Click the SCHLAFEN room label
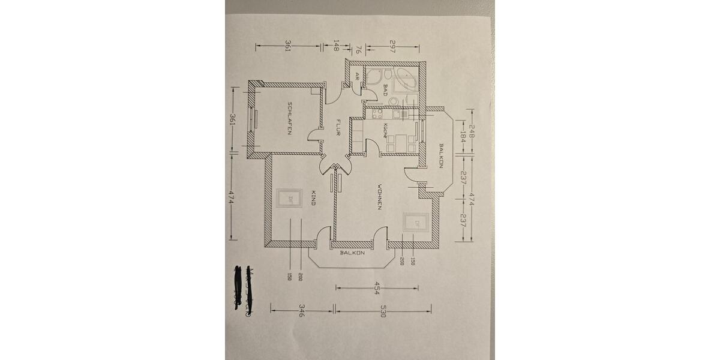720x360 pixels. [x=290, y=118]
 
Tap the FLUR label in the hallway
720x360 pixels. [x=338, y=127]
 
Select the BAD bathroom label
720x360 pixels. [x=385, y=90]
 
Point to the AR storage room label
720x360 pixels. [x=357, y=76]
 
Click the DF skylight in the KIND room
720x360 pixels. [x=290, y=199]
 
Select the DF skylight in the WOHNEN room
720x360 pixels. [x=416, y=223]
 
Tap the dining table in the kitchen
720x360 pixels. [x=399, y=142]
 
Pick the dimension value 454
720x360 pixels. [x=377, y=288]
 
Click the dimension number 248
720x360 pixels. [x=472, y=130]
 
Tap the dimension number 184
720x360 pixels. [x=463, y=139]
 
